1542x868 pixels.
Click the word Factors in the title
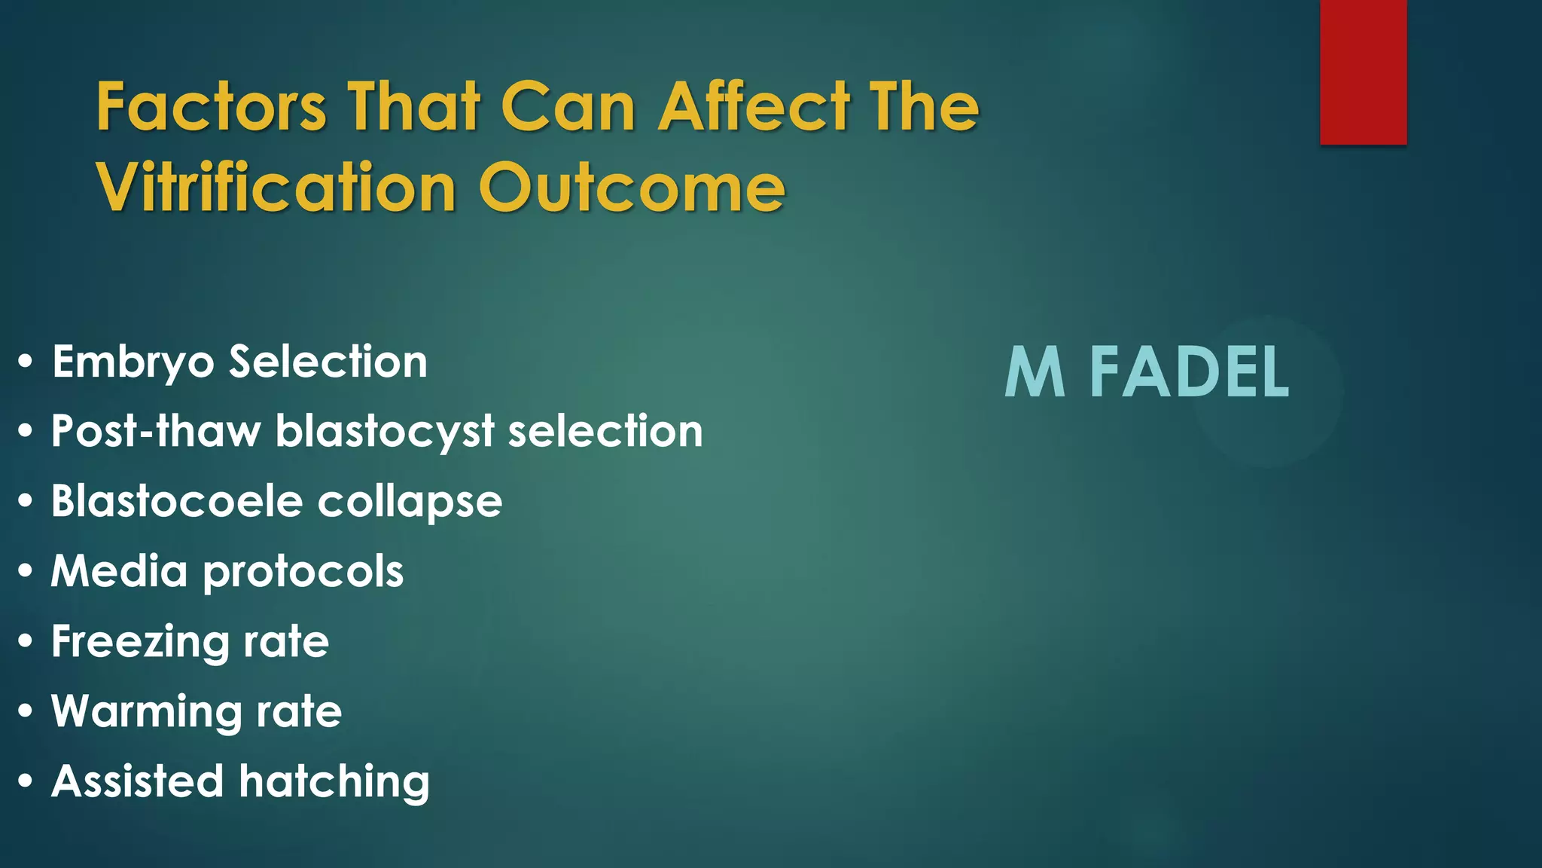tap(212, 107)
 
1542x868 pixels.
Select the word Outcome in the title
tap(632, 188)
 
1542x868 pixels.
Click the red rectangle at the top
tap(1363, 72)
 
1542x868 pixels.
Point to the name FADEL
tap(1189, 372)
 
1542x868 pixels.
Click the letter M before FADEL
tap(1035, 372)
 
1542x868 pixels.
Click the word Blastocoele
tap(176, 501)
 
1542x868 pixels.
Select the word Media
tap(119, 571)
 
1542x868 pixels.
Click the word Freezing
tap(139, 643)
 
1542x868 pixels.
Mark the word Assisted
tap(138, 781)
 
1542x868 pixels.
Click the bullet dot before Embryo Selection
tap(26, 362)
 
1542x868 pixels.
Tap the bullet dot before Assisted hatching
tap(26, 781)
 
